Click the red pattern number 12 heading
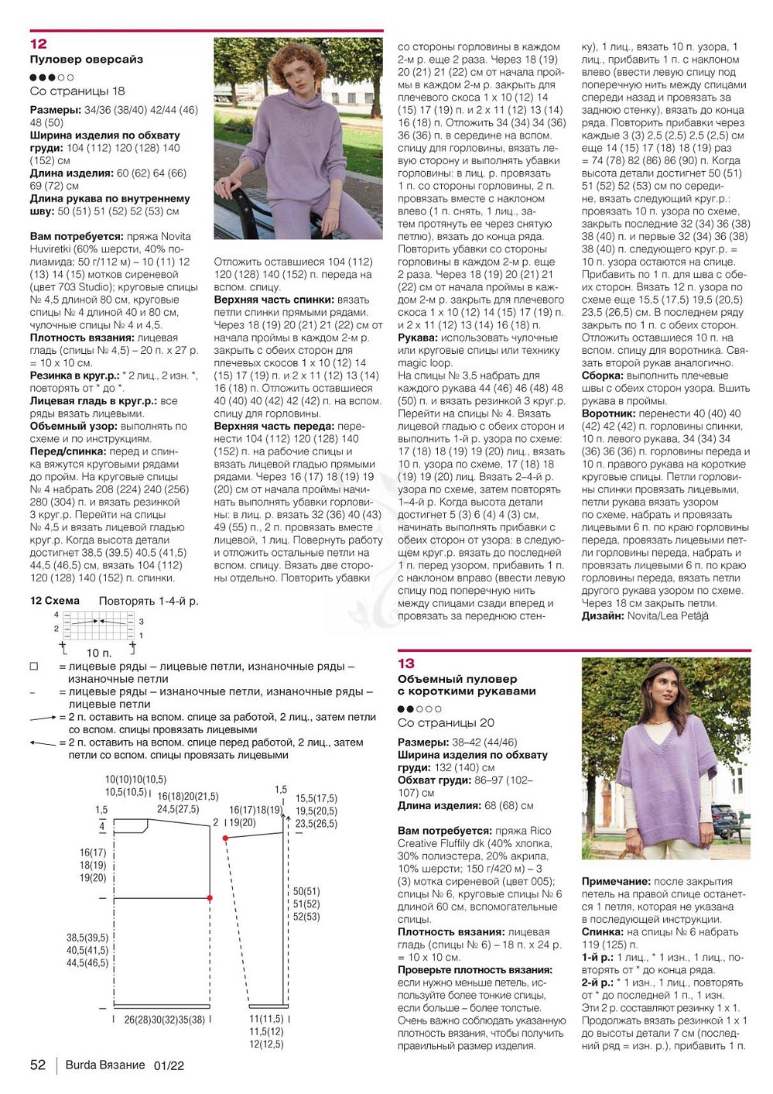(x=39, y=44)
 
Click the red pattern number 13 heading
(x=406, y=664)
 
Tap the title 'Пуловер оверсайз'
(x=87, y=60)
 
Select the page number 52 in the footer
(x=38, y=1065)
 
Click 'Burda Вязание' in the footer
(x=105, y=1065)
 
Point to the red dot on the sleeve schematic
(x=225, y=838)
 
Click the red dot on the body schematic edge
(x=210, y=898)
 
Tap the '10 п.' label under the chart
(x=99, y=653)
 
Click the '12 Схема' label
(x=55, y=601)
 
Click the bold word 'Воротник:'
(x=609, y=413)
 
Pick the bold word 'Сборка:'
(x=603, y=376)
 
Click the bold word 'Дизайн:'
(x=603, y=616)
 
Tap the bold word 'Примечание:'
(x=616, y=881)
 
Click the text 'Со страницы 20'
(x=446, y=723)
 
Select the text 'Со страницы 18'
(x=77, y=91)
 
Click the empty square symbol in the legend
(x=34, y=667)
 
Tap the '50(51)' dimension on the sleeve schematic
(x=306, y=892)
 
